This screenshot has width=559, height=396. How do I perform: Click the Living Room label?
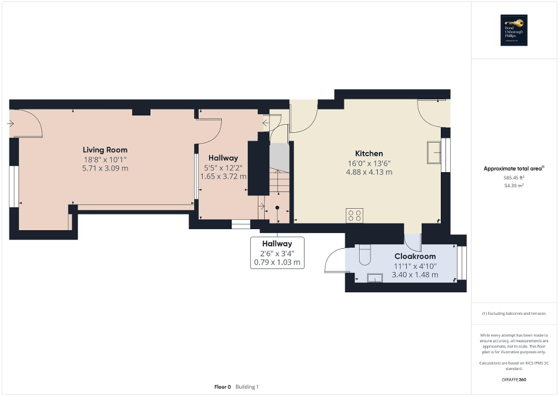pos(105,150)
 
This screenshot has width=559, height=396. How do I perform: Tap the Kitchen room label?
pos(368,153)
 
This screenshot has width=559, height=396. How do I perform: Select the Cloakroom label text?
pos(415,256)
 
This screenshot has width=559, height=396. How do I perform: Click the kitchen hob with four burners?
pos(354,216)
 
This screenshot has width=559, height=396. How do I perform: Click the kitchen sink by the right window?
pos(434,152)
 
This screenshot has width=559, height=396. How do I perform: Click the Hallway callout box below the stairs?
pos(277,253)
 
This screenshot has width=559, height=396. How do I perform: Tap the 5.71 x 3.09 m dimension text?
pos(105,168)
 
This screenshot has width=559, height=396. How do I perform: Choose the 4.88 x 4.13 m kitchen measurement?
pos(369,172)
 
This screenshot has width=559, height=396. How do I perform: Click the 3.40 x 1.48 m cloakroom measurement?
pos(415,275)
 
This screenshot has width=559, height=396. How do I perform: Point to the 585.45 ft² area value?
pos(514,178)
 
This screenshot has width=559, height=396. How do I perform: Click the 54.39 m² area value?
pos(514,186)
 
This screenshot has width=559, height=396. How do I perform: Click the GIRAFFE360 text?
pos(514,380)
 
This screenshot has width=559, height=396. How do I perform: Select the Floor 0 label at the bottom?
pos(222,387)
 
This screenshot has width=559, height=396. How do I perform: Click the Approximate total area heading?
pos(514,169)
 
